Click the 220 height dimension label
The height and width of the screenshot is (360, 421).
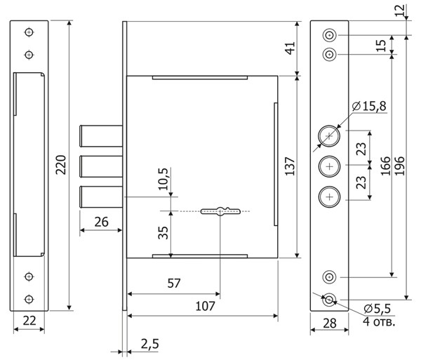click(61, 165)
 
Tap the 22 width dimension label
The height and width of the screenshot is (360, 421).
click(29, 321)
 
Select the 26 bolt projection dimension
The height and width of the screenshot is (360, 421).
click(102, 222)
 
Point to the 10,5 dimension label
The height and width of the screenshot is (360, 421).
click(163, 179)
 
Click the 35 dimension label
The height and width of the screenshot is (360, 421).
click(163, 233)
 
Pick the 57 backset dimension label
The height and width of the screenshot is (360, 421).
click(174, 284)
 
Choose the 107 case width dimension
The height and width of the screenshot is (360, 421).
click(205, 306)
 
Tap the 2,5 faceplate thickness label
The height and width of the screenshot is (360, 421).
click(150, 344)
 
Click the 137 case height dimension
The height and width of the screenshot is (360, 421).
click(290, 166)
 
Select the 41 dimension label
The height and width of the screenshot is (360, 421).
click(290, 48)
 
